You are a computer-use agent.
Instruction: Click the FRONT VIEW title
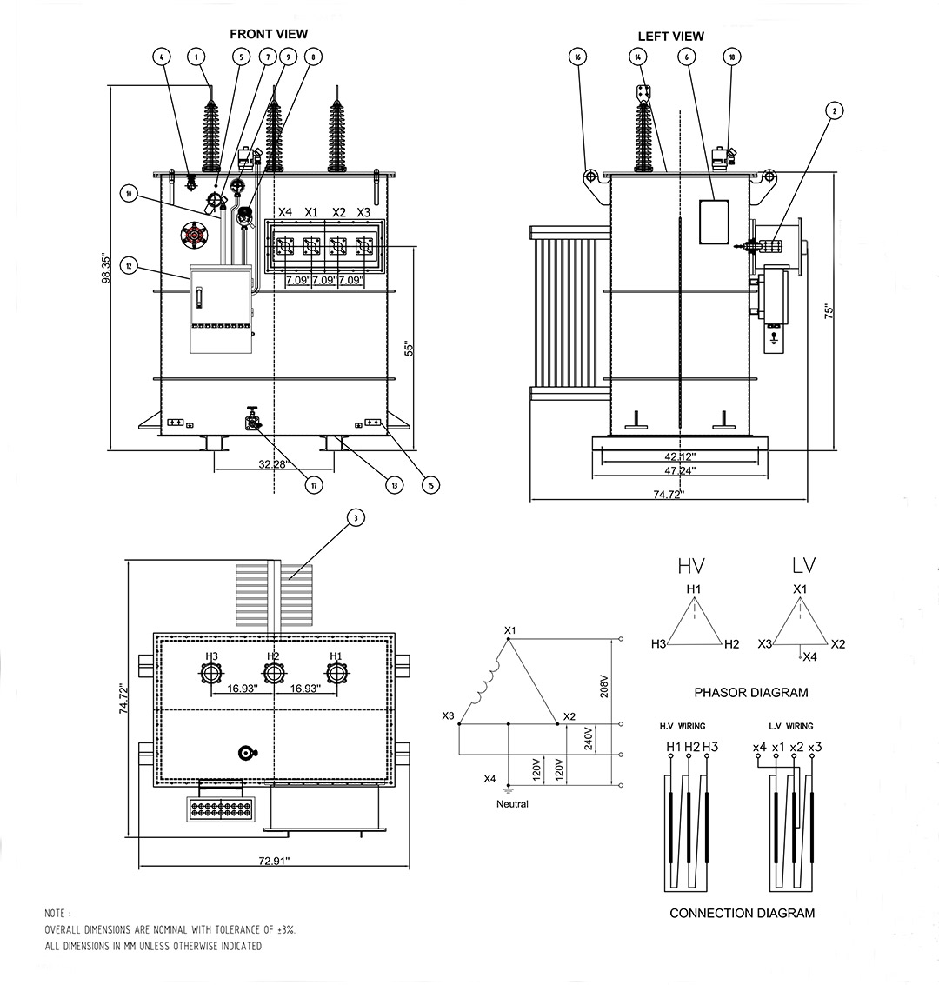(x=268, y=34)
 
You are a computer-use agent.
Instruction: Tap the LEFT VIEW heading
(x=670, y=37)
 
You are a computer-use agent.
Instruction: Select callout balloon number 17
(x=314, y=485)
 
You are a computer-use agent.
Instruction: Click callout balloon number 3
(x=354, y=518)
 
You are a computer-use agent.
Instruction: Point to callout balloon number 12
(x=130, y=266)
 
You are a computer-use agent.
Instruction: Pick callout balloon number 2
(x=834, y=110)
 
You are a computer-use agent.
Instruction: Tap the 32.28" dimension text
(x=272, y=464)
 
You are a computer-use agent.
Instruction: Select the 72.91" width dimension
(x=274, y=861)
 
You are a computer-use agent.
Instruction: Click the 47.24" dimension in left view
(x=679, y=469)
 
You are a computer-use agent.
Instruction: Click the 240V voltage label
(x=589, y=740)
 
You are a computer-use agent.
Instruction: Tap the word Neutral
(x=512, y=804)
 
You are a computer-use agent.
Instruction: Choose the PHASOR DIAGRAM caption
(x=750, y=693)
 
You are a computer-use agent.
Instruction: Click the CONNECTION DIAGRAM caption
(x=742, y=913)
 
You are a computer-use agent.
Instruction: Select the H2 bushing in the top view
(x=273, y=674)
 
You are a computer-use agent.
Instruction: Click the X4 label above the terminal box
(x=284, y=212)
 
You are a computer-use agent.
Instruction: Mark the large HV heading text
(x=691, y=566)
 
